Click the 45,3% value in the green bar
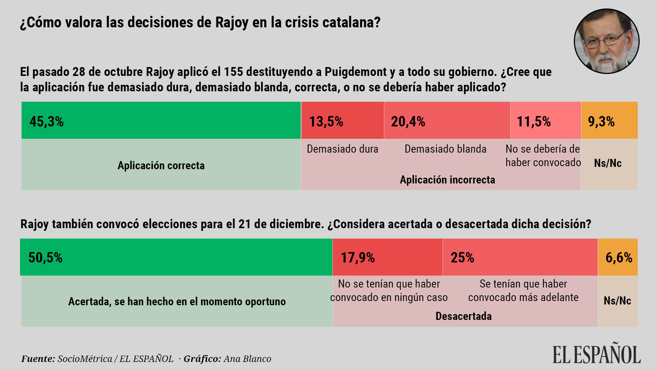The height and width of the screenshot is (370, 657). click(x=47, y=121)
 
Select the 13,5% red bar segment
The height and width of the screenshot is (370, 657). click(x=342, y=120)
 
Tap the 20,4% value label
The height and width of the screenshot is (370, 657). click(x=408, y=121)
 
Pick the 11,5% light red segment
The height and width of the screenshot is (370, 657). click(x=545, y=120)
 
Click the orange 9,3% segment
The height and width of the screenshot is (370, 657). click(x=609, y=120)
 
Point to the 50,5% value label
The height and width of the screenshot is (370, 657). click(x=45, y=257)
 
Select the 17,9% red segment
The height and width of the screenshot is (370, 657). click(x=387, y=257)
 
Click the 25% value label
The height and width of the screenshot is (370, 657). click(x=462, y=257)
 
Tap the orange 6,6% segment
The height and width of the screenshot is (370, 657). click(x=618, y=257)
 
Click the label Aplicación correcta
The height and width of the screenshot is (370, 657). click(x=161, y=166)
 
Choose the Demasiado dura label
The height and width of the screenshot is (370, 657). click(x=342, y=149)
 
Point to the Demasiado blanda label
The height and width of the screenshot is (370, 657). click(x=445, y=149)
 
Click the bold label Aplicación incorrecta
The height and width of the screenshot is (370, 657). click(x=447, y=180)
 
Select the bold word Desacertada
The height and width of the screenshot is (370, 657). click(x=463, y=316)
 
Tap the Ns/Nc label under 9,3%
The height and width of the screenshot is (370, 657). click(x=608, y=163)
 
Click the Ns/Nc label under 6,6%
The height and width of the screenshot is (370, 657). click(x=617, y=301)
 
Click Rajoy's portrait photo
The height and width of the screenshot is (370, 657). click(x=606, y=41)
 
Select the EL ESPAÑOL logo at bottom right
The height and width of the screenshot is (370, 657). click(x=596, y=355)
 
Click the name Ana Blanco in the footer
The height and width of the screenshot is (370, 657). click(x=247, y=359)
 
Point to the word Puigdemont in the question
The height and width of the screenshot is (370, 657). click(x=355, y=72)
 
